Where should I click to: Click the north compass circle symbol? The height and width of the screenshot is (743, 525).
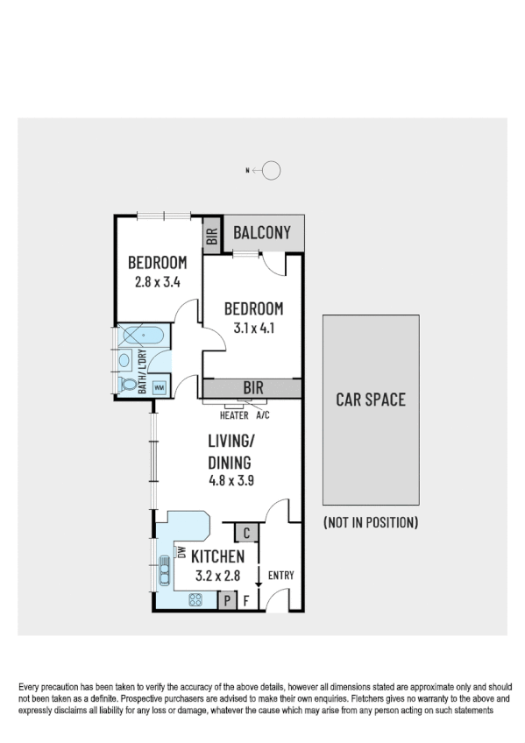(x=272, y=171)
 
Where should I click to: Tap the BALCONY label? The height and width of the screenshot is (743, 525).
(x=261, y=233)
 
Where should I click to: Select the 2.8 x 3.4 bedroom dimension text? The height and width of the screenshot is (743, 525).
(x=157, y=282)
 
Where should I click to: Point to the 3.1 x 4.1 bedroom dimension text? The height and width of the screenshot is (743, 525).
(x=253, y=329)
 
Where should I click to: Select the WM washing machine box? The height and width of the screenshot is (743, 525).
(x=160, y=386)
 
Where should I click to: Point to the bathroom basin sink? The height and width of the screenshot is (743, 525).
(x=124, y=359)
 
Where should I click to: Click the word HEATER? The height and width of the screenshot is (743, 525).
(x=234, y=415)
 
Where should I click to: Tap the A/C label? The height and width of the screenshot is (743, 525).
(x=264, y=415)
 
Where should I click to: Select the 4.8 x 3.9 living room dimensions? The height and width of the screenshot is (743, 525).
(x=231, y=480)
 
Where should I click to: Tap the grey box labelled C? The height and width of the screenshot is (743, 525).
(x=246, y=533)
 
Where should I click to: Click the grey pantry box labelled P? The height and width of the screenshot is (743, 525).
(x=227, y=601)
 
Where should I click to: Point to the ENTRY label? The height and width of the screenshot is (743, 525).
(x=280, y=576)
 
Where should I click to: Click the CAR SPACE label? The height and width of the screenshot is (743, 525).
(x=371, y=400)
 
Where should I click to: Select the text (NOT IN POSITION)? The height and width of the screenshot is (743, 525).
(x=370, y=522)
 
